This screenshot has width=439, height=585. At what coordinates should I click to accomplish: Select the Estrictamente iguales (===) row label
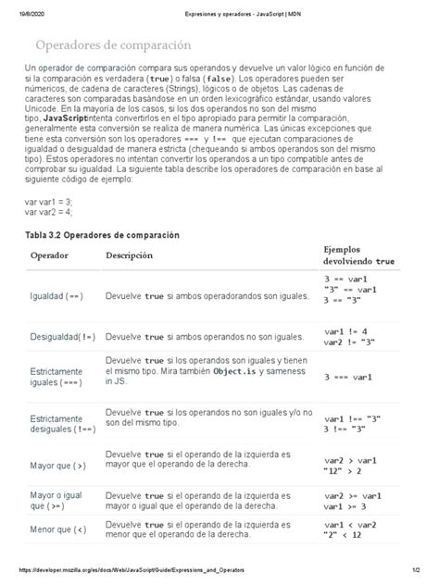[57, 376]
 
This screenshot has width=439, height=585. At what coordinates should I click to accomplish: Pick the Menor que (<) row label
[57, 529]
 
